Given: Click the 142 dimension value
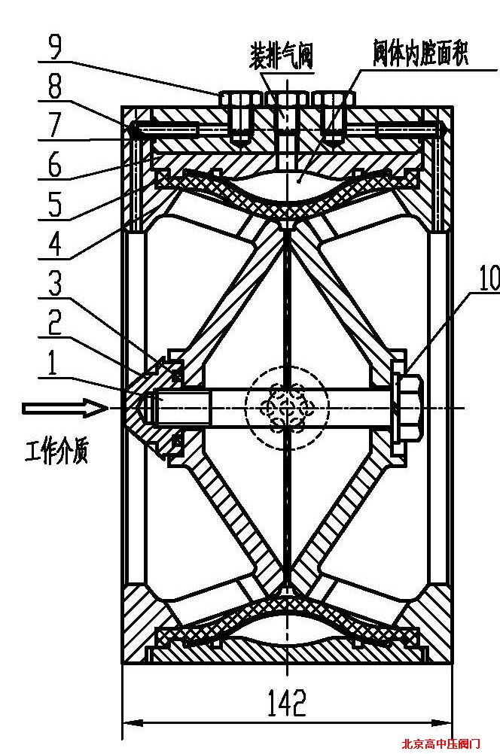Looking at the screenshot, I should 287,703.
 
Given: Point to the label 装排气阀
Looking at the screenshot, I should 282,55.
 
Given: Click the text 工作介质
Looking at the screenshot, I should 56,454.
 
